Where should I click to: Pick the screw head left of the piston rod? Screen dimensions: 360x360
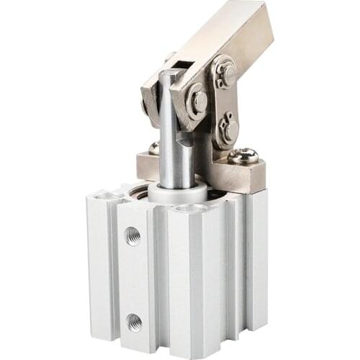pos(153,148)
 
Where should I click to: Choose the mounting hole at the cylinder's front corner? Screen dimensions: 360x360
pos(190,209)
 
